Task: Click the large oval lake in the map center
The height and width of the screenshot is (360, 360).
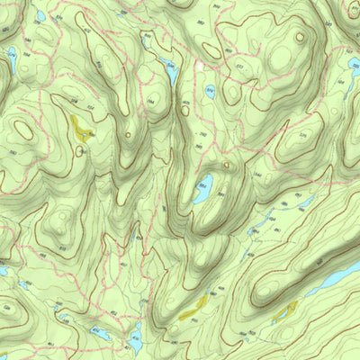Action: tap(203, 190)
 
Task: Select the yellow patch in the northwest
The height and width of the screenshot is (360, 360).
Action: tap(81, 127)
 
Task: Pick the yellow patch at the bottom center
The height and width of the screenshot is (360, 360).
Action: tap(194, 308)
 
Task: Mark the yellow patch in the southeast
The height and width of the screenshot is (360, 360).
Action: tap(285, 311)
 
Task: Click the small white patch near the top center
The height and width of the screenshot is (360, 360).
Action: tap(199, 67)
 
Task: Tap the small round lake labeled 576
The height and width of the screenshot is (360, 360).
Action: tap(209, 90)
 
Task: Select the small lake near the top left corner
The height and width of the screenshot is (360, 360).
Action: tap(40, 16)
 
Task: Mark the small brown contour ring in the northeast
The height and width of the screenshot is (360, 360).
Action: tap(299, 38)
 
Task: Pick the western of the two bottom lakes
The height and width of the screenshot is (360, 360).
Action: tap(102, 335)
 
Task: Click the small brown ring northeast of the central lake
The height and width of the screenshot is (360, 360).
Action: tap(227, 166)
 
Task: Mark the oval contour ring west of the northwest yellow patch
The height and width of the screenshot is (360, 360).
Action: tap(25, 130)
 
